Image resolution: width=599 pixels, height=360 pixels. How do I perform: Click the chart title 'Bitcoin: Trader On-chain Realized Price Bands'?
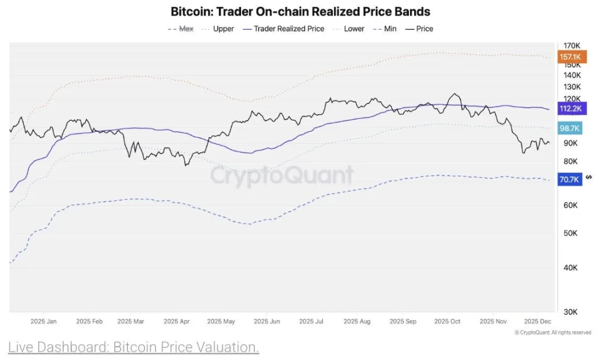tap(300, 11)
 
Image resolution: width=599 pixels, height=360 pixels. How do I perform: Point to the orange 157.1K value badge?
tap(570, 57)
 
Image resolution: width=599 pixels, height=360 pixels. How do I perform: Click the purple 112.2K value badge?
tap(570, 108)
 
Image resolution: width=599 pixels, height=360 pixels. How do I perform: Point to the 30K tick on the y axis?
tap(570, 311)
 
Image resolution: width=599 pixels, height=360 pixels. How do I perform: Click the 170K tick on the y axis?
tap(571, 46)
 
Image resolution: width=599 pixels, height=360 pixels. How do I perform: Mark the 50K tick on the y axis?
tap(570, 233)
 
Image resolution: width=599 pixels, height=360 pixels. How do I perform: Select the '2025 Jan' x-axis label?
tap(43, 321)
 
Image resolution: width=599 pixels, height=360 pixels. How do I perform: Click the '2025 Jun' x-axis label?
tap(266, 321)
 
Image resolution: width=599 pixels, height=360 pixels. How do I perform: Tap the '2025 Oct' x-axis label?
tap(447, 321)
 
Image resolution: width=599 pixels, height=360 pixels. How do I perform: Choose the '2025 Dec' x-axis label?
tap(538, 321)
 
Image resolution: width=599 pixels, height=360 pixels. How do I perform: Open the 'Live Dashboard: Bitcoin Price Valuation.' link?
tap(133, 347)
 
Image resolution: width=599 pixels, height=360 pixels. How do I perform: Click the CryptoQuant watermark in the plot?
tap(281, 175)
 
